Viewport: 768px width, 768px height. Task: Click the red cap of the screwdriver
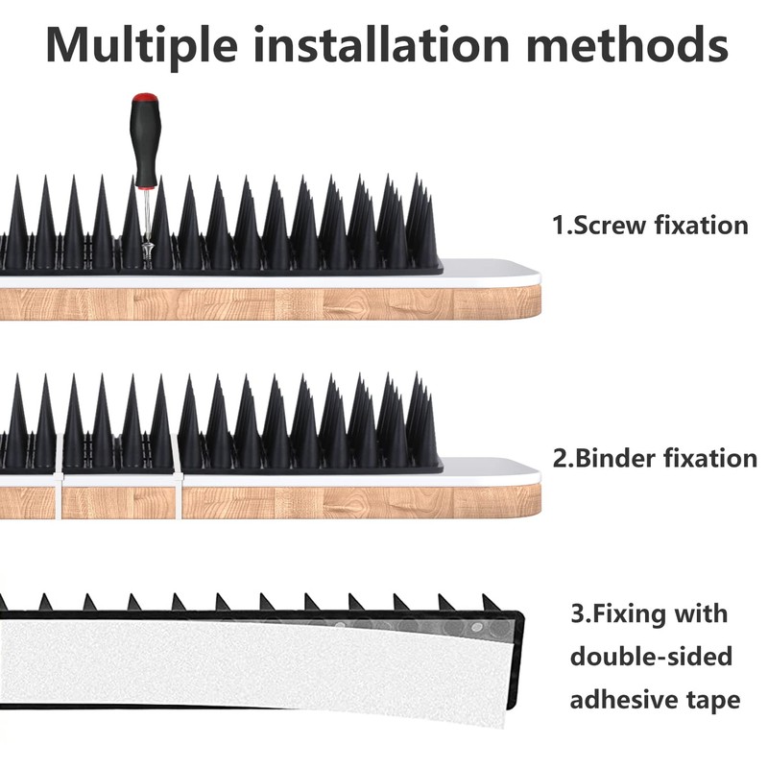(x=145, y=99)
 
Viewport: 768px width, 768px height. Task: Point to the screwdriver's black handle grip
(x=144, y=144)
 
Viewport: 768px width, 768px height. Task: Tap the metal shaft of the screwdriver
(x=146, y=216)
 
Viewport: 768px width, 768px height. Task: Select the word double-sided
(x=651, y=657)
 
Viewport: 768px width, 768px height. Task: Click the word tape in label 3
(x=713, y=700)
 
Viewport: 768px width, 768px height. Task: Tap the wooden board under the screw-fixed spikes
(x=288, y=302)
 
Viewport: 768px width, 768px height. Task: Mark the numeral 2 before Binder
(x=560, y=458)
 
